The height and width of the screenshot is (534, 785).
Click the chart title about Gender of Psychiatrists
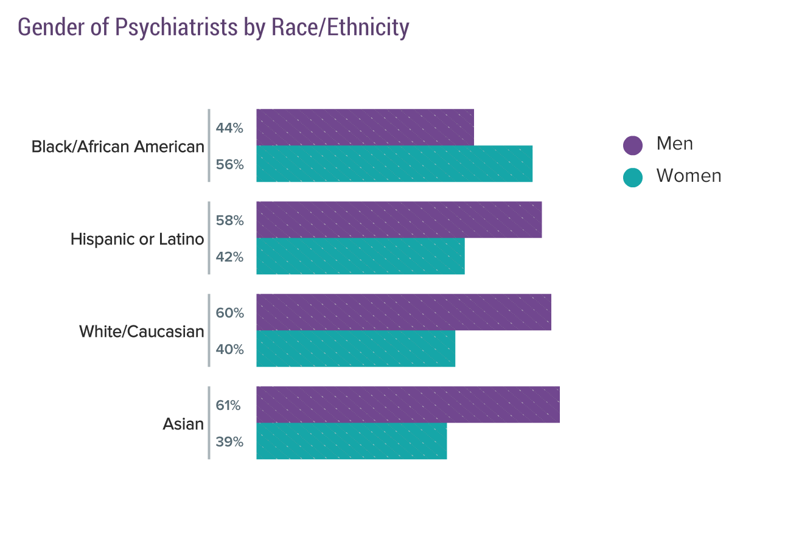[214, 27]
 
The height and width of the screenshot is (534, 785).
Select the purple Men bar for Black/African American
[365, 128]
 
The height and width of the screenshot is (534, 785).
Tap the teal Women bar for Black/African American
[394, 164]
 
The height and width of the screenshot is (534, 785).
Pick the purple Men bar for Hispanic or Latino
[399, 220]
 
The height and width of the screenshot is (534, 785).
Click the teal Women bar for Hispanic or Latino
[360, 256]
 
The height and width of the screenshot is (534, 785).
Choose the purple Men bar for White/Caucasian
[403, 312]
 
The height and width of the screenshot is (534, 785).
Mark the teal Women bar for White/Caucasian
[355, 348]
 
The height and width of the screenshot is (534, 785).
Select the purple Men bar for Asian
[408, 404]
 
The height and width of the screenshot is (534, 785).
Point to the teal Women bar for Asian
[351, 441]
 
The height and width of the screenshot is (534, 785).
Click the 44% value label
[229, 128]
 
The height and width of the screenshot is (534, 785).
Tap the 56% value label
[229, 164]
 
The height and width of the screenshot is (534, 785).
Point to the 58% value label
[229, 220]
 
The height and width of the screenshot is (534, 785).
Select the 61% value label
[228, 405]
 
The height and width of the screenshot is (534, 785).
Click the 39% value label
[229, 442]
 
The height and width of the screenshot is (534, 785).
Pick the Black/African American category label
[117, 147]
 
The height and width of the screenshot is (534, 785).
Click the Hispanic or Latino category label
[137, 239]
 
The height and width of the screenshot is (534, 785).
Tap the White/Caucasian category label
[141, 331]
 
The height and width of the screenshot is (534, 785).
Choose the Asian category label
[183, 424]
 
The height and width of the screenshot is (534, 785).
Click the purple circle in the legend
[633, 145]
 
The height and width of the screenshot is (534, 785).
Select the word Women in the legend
[689, 176]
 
